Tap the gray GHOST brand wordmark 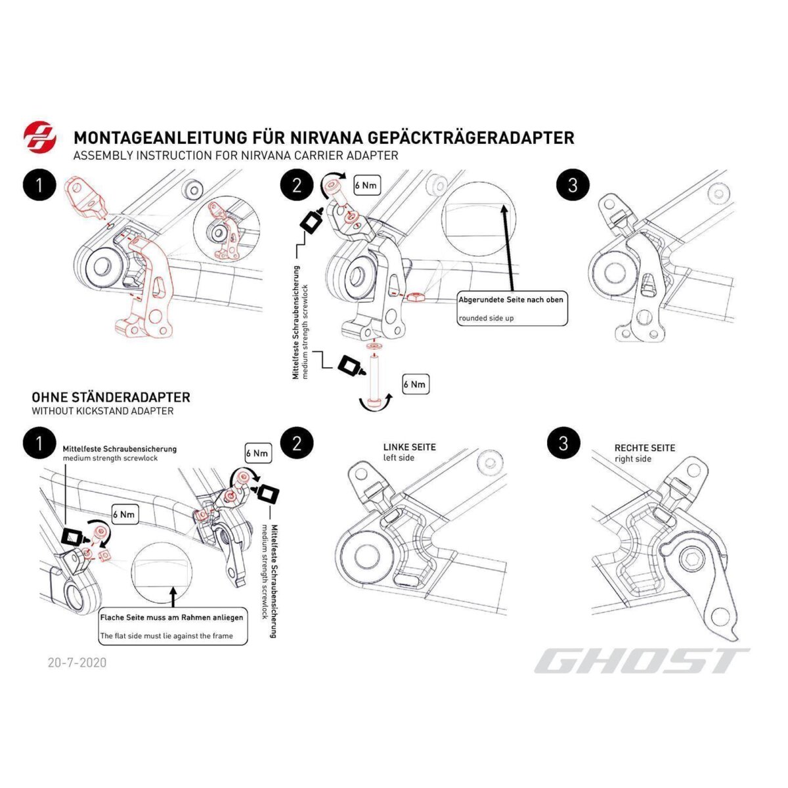(x=641, y=661)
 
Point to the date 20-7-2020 (x=77, y=662)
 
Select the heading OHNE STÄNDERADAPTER (x=111, y=397)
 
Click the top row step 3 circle (x=572, y=185)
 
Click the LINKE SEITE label (x=409, y=447)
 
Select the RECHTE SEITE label (x=644, y=448)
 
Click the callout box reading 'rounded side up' (x=512, y=308)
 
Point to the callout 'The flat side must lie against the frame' (x=173, y=626)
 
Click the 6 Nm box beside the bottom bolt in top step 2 (x=415, y=384)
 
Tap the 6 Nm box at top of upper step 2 (x=366, y=186)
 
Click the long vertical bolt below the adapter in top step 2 (x=375, y=380)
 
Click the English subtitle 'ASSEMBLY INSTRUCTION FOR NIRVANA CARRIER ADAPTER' (x=236, y=156)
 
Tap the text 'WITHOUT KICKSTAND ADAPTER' (x=102, y=411)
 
